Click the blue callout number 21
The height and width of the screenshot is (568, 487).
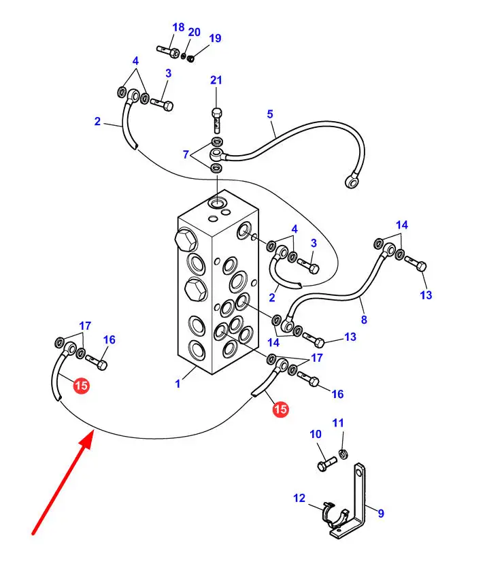click(216, 80)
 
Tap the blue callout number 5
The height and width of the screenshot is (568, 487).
click(270, 114)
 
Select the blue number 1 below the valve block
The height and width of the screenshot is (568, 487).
click(178, 384)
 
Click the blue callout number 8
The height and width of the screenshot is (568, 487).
click(364, 320)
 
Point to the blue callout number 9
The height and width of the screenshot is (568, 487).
click(380, 513)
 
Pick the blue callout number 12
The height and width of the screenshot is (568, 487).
click(299, 498)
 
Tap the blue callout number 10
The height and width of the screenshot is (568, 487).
click(316, 434)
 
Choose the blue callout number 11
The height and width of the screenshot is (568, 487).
click(338, 422)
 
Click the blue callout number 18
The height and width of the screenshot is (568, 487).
click(178, 27)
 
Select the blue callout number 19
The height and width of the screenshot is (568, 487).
click(215, 38)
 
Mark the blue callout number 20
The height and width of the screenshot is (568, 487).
click(194, 32)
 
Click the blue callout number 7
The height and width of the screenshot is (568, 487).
click(186, 154)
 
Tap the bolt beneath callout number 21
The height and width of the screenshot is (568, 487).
click(216, 120)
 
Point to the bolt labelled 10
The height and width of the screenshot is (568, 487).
click(326, 464)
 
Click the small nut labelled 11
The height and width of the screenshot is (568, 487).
click(343, 454)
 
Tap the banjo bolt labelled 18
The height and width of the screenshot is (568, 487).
click(169, 51)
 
